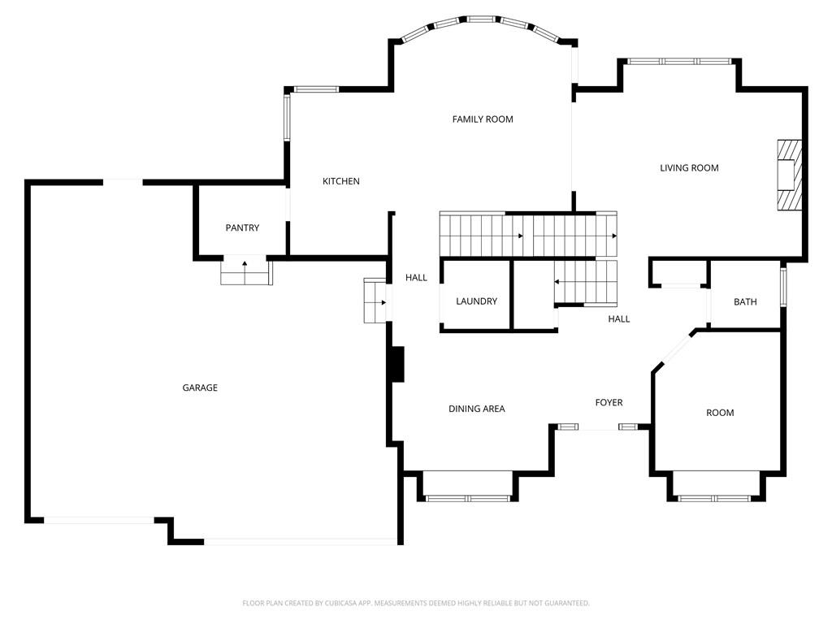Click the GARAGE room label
(x=200, y=388)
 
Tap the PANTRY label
(x=242, y=227)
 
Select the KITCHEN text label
(x=341, y=181)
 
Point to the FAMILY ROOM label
(x=483, y=119)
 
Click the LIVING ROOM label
(x=689, y=168)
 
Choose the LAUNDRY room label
(x=476, y=301)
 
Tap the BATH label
(x=745, y=302)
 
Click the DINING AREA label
(x=476, y=409)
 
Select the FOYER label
(x=609, y=403)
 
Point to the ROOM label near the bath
(x=720, y=413)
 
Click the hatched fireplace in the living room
(x=790, y=175)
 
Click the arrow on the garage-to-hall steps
(x=382, y=303)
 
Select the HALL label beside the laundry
(x=416, y=278)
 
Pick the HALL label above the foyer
(x=618, y=318)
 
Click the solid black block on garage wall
(x=396, y=365)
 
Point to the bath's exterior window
(x=783, y=287)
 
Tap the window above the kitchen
(x=316, y=89)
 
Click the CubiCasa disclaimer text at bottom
(x=416, y=604)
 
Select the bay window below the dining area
(x=468, y=498)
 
